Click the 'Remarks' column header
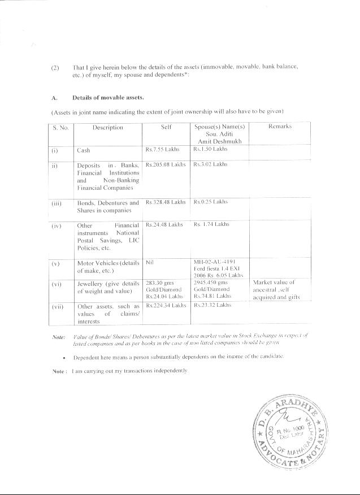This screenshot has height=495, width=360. click(280, 127)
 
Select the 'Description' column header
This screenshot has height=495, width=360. click(108, 127)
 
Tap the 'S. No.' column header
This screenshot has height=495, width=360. click(60, 128)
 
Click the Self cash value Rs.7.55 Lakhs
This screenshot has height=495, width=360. click(164, 150)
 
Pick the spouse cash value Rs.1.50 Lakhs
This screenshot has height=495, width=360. click(211, 150)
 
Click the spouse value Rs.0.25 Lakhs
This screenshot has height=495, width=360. click(210, 202)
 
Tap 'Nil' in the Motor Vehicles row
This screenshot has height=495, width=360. click(150, 262)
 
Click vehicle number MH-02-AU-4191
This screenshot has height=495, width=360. click(218, 262)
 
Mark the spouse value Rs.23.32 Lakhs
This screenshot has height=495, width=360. click(212, 305)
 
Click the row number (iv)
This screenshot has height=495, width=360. click(57, 225)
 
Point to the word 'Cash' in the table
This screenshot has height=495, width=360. click(84, 151)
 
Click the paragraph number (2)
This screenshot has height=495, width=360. click(55, 67)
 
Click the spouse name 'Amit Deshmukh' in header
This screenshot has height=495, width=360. click(219, 140)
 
